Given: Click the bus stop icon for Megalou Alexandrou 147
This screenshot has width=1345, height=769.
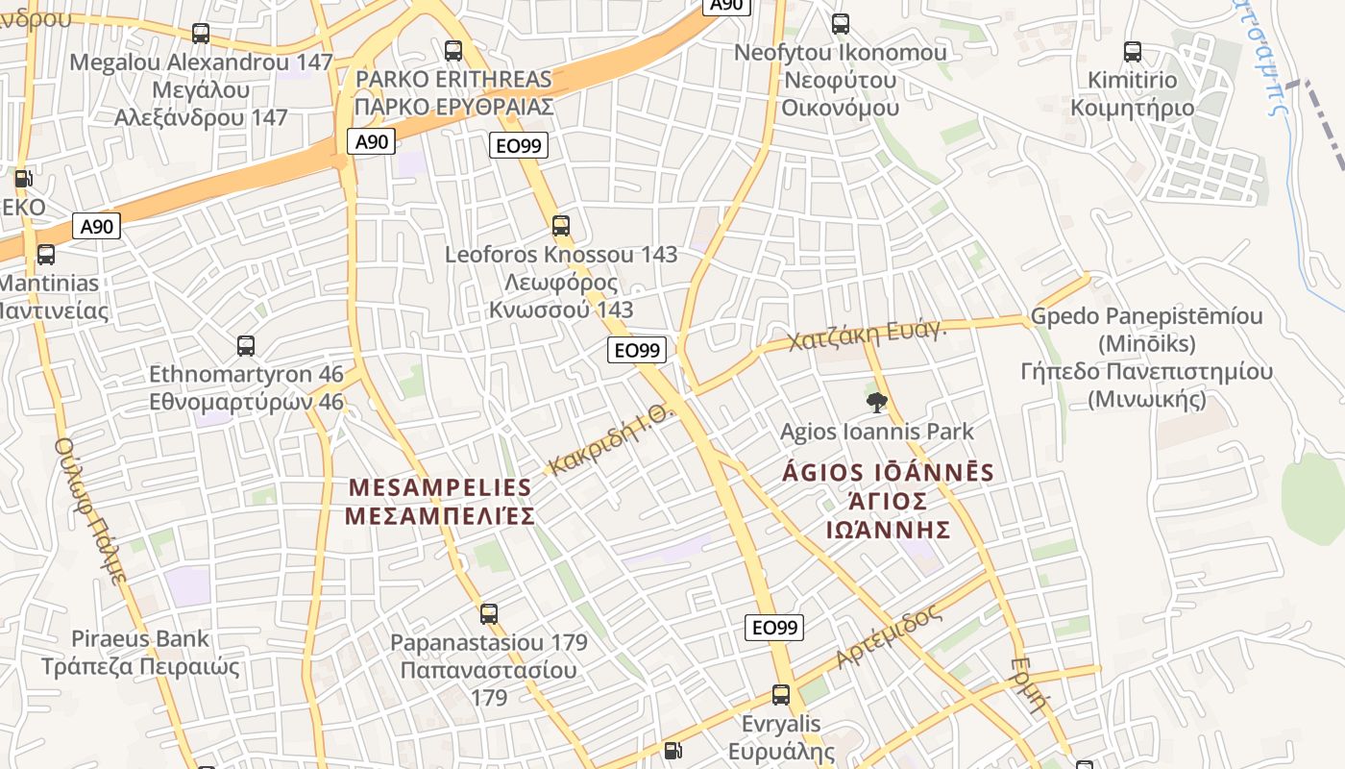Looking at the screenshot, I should click(x=201, y=34).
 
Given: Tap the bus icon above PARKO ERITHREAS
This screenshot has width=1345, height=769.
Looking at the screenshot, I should click(x=453, y=51).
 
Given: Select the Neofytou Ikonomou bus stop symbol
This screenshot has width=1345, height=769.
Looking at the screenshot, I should click(x=841, y=24).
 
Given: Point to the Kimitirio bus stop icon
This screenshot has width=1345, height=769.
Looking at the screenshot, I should click(x=1133, y=52).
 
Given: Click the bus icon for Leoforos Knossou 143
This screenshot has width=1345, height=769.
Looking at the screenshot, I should click(x=561, y=227).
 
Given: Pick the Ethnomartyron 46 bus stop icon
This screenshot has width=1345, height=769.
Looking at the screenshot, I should click(x=246, y=346).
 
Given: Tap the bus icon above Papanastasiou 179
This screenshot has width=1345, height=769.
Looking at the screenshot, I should click(x=489, y=613).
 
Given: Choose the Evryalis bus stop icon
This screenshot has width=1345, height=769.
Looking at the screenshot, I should click(x=781, y=695).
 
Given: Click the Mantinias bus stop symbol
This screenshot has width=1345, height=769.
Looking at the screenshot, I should click(x=46, y=255).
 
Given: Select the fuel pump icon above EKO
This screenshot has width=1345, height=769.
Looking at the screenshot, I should click(x=23, y=179).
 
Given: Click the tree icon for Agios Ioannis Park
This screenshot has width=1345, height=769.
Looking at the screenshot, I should click(x=876, y=403).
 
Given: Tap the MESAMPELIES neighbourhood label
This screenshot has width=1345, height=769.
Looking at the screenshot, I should click(x=440, y=502).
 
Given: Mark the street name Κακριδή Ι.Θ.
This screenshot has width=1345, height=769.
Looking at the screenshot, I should click(x=612, y=440).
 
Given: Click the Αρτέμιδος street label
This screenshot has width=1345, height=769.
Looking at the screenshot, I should click(x=890, y=637).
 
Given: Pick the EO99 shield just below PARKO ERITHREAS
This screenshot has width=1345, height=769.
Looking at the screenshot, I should click(x=519, y=145).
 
